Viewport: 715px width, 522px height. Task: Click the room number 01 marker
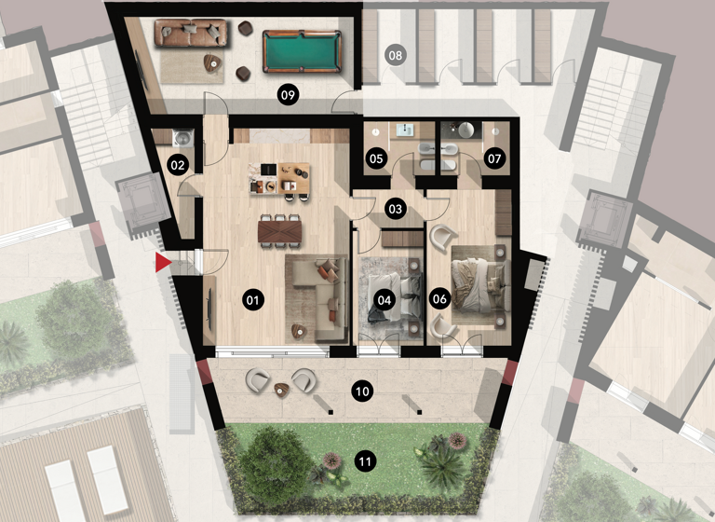(x=251, y=299)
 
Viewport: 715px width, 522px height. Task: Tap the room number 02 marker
(x=178, y=166)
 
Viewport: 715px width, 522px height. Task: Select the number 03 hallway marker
(x=396, y=209)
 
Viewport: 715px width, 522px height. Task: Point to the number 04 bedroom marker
(x=384, y=299)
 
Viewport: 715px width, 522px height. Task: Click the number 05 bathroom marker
(x=377, y=158)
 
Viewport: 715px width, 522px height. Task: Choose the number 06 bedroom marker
(x=440, y=299)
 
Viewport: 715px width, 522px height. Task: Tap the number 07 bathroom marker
(x=494, y=158)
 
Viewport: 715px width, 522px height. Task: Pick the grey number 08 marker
(x=396, y=56)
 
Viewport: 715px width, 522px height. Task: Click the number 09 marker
(x=288, y=93)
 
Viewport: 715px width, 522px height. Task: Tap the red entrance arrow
(x=163, y=265)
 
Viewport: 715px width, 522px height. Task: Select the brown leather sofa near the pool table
(x=192, y=34)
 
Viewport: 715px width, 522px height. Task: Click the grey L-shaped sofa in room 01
(x=313, y=291)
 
